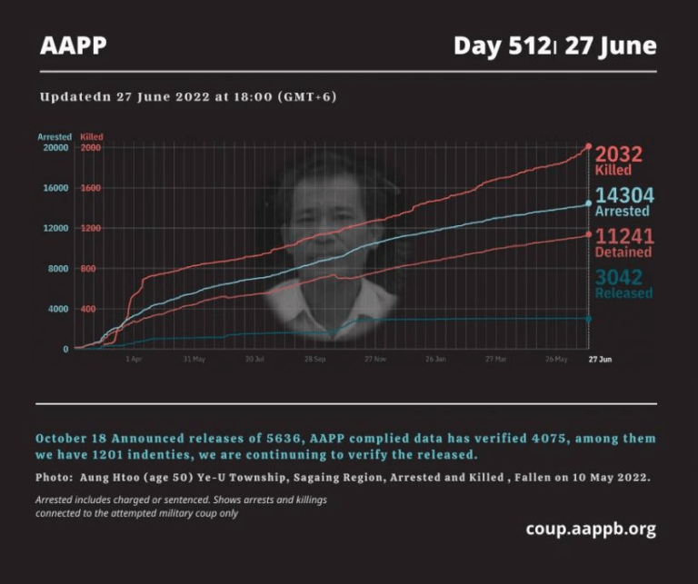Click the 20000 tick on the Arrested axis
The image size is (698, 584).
coord(55,147)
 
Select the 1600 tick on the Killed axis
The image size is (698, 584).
coord(90,188)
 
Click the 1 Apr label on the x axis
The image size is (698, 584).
coord(134,360)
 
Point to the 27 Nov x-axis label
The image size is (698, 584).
coord(375,360)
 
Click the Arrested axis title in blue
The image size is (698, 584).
coord(55,137)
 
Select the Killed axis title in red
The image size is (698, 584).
coord(91,137)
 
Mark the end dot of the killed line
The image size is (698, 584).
coord(588,146)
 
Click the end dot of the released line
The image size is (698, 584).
coord(588,319)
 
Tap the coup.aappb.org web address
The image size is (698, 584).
coord(590,529)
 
